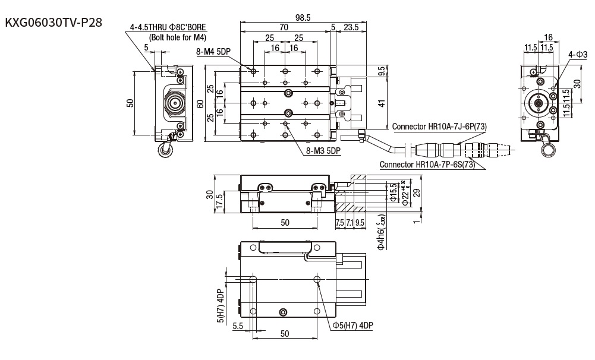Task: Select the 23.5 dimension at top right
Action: tap(351, 27)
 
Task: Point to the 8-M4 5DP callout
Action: tap(213, 52)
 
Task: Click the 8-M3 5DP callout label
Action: tap(323, 151)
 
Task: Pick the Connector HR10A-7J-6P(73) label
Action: tap(439, 126)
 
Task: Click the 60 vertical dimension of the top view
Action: tap(201, 104)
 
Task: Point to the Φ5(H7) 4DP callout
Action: tap(352, 325)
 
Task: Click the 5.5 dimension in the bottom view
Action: tap(238, 326)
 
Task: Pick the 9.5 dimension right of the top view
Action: tap(381, 71)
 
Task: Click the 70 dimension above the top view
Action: tap(284, 27)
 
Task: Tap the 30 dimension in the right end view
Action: tap(577, 82)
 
